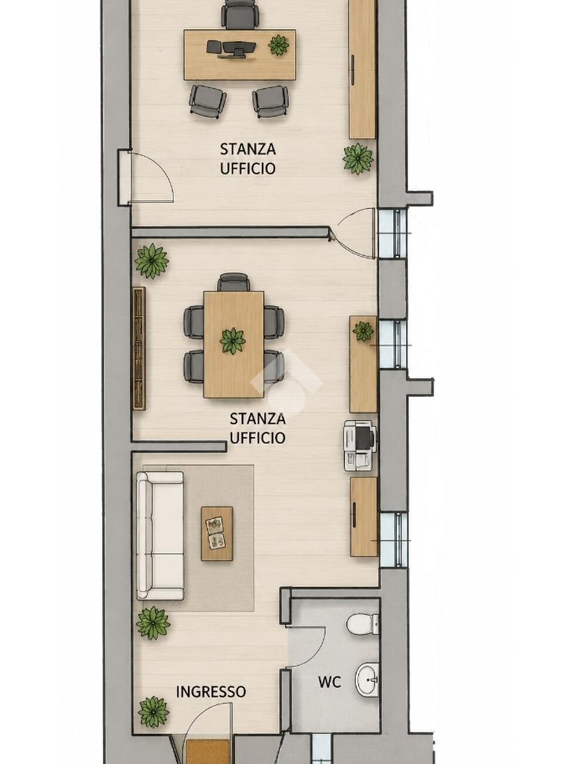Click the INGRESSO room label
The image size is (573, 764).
point(211,692)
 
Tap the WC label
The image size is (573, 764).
point(329,682)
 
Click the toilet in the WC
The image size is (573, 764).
point(363,624)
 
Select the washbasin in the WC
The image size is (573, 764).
point(367,680)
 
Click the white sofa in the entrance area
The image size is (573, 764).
point(160,535)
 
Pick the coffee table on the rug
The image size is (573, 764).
point(217,533)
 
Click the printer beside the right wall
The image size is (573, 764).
point(360,446)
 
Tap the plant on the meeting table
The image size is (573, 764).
point(233,340)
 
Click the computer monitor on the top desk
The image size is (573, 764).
point(239,50)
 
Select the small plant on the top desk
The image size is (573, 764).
point(279,45)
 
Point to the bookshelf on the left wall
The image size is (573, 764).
point(140,348)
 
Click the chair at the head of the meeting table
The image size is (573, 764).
point(234,283)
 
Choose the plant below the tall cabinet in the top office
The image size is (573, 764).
point(358,158)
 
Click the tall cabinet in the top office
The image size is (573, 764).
point(363,69)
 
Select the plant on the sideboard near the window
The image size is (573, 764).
point(363,331)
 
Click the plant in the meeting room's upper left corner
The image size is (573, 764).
point(151,260)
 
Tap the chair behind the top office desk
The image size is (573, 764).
point(240,13)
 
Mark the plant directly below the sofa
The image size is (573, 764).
point(154,623)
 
